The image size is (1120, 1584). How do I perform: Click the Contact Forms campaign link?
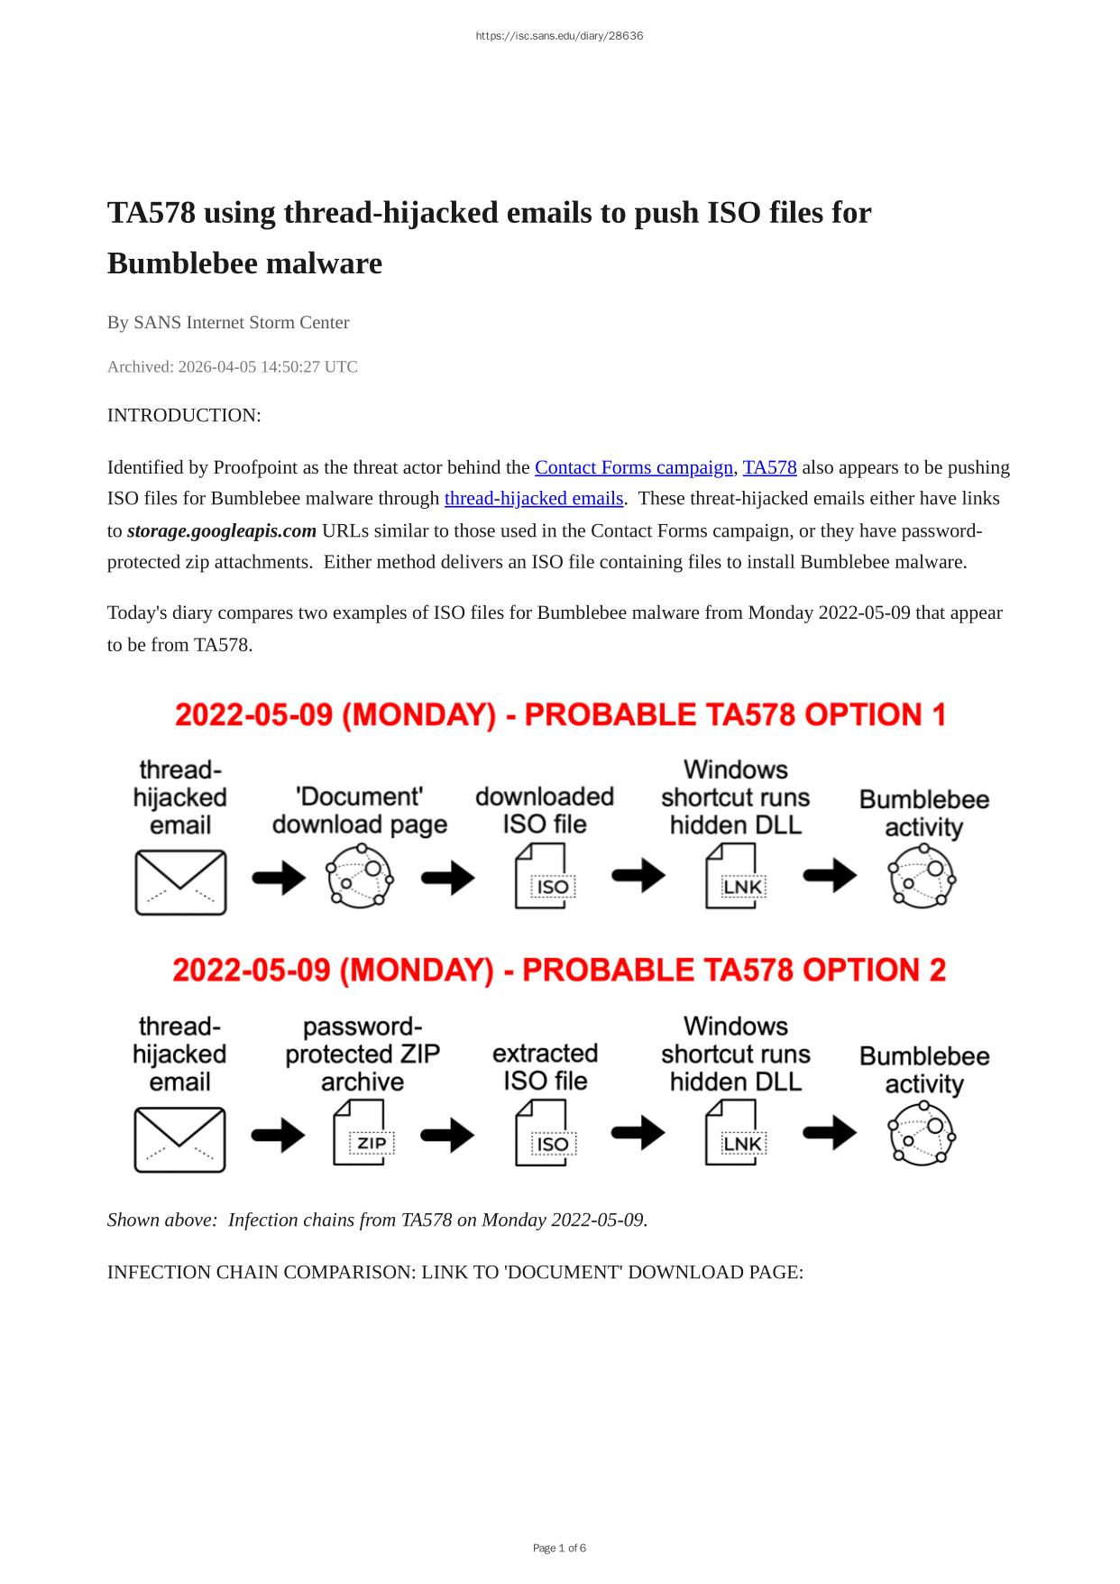[x=633, y=467]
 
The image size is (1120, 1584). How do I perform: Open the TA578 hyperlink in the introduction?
[x=769, y=467]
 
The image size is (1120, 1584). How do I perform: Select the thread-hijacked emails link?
[x=534, y=498]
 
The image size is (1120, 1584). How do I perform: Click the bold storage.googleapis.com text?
[x=222, y=530]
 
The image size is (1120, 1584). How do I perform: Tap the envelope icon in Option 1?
[x=180, y=881]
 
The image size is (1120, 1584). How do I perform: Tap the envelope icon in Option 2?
[x=179, y=1139]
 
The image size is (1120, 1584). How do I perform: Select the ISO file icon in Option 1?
[x=545, y=877]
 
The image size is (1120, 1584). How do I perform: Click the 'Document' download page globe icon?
[x=360, y=877]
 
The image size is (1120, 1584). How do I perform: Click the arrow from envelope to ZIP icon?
[x=279, y=1135]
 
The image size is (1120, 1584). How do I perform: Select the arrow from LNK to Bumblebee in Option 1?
[x=830, y=875]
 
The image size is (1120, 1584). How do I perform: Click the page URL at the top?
[x=559, y=36]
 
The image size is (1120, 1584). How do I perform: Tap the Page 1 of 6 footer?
[x=559, y=1548]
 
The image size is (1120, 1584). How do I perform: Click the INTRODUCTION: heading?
[x=184, y=416]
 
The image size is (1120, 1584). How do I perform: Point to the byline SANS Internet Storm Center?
[x=228, y=323]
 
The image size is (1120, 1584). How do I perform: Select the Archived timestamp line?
[x=233, y=367]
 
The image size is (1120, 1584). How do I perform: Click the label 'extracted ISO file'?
[x=545, y=1067]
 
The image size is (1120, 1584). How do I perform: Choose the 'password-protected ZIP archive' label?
[x=363, y=1054]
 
